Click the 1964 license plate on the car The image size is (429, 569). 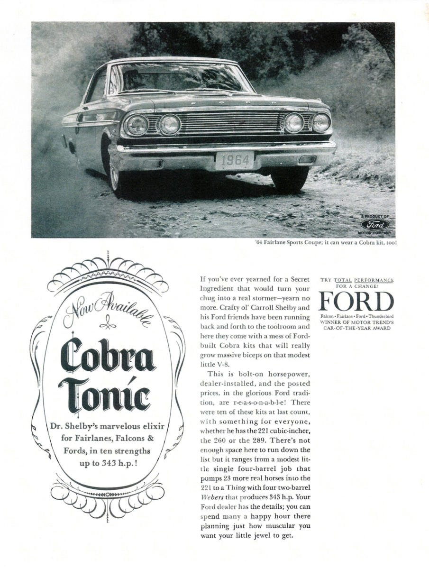[234, 161]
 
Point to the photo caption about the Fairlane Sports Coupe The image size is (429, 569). [325, 243]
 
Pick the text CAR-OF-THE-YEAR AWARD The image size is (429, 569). [357, 328]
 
